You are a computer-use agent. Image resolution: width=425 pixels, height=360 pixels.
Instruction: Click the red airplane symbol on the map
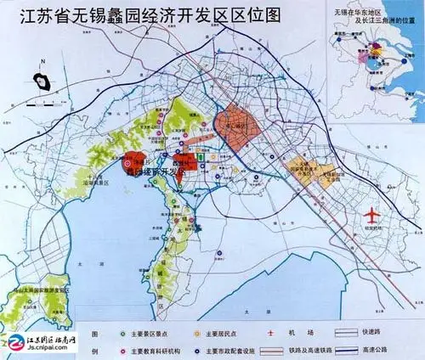tap(372, 214)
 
